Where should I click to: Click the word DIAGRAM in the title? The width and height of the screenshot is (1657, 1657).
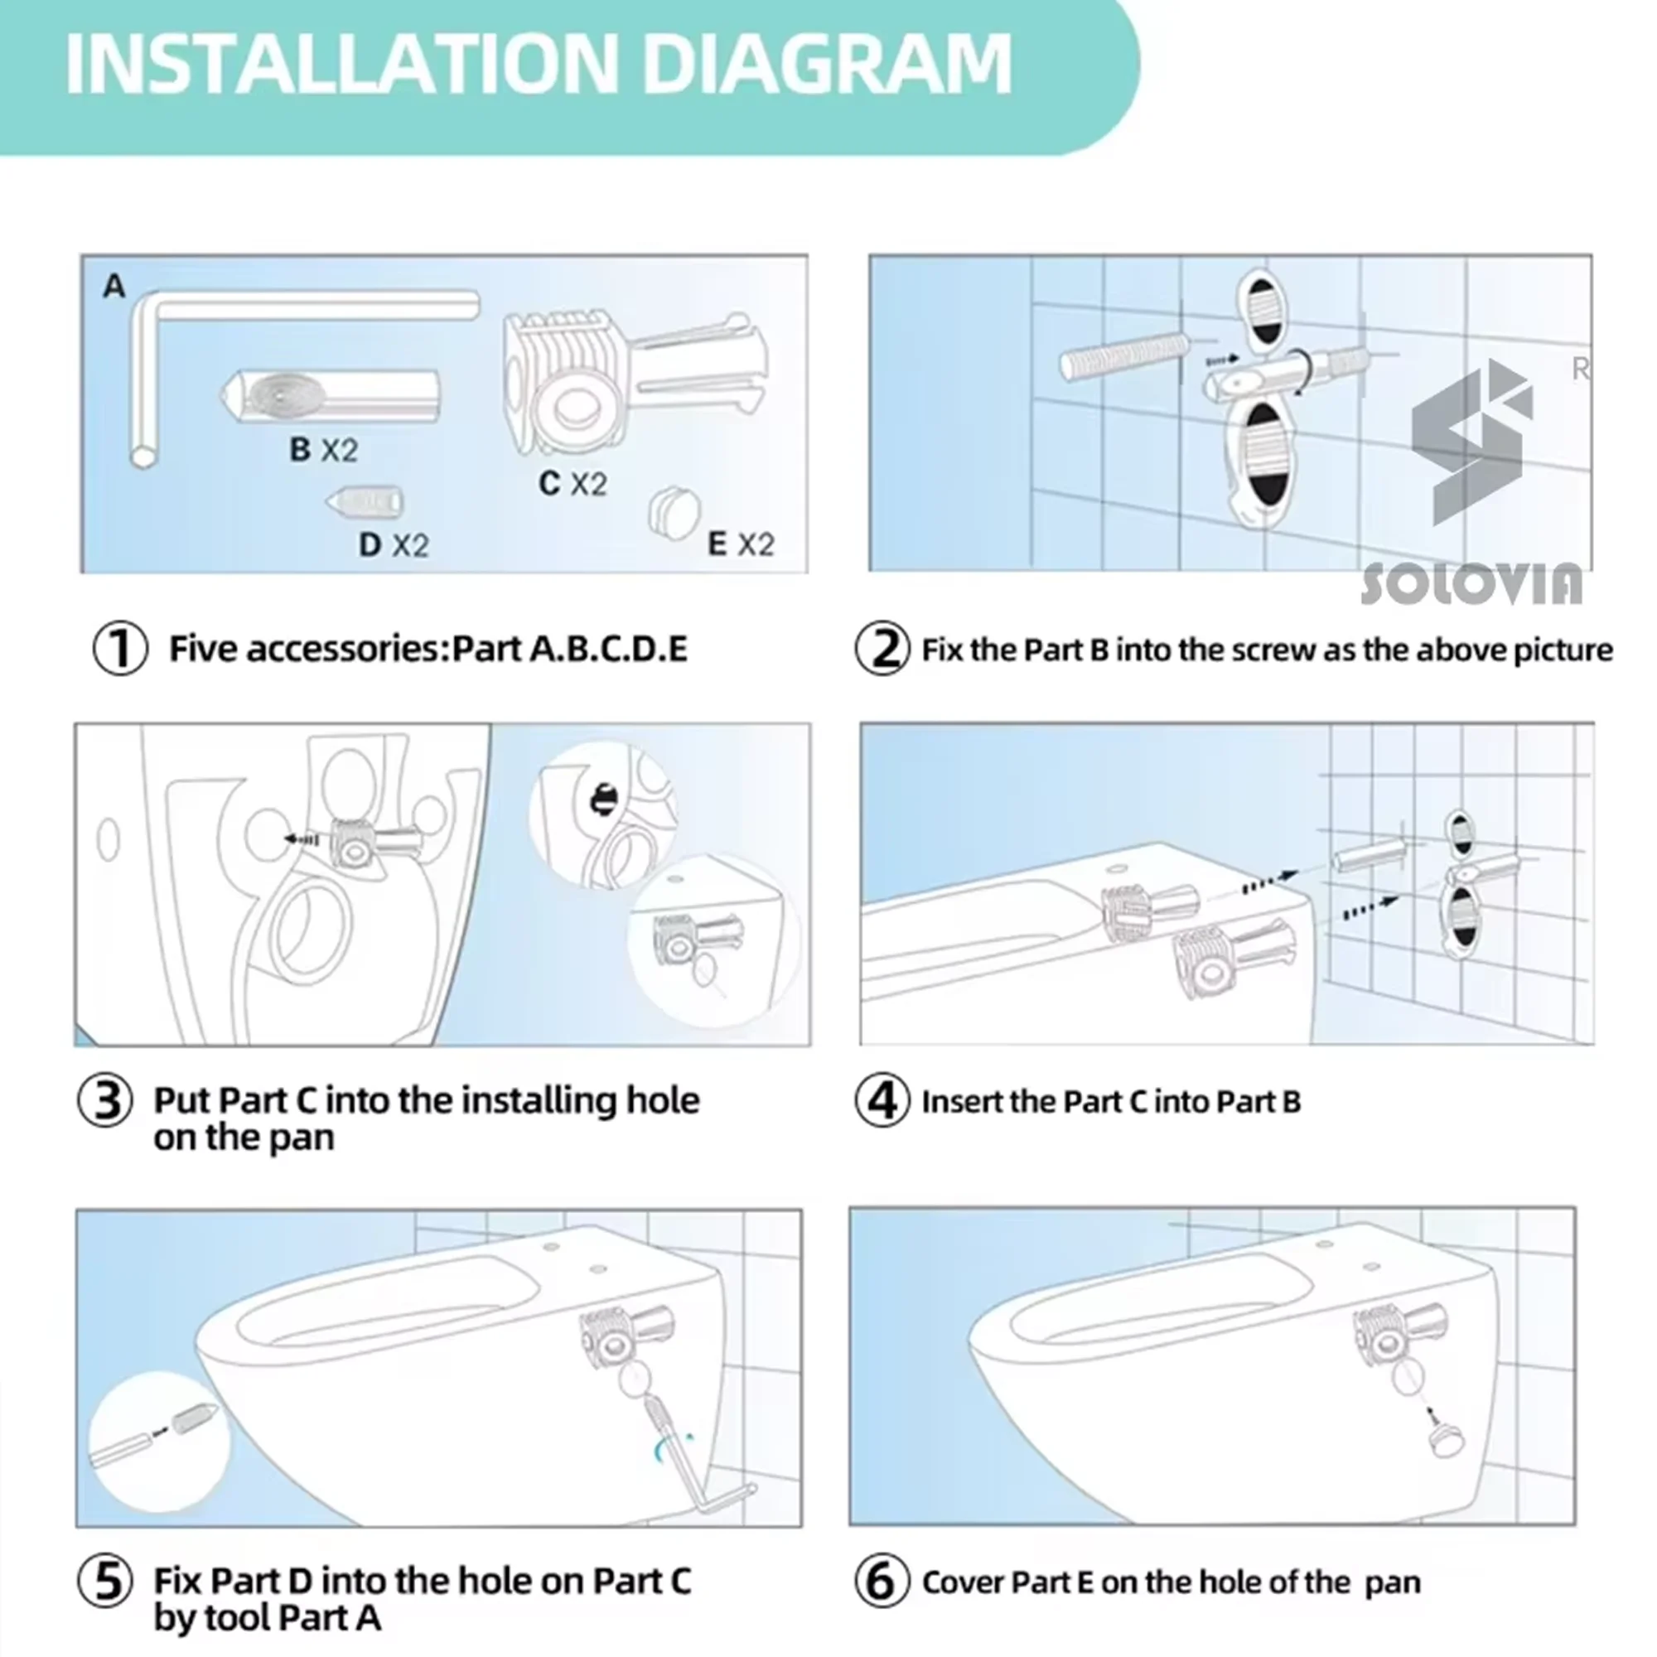[828, 65]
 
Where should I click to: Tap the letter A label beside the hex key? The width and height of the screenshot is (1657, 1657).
[114, 286]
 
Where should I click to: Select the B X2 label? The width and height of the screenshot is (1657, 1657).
[323, 449]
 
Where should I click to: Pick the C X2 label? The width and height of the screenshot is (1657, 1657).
[572, 484]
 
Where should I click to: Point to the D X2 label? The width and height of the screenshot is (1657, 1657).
[393, 544]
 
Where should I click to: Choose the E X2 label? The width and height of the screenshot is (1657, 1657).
[740, 543]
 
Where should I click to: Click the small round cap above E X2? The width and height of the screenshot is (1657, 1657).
[674, 511]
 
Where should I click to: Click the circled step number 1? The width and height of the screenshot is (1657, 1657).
[120, 649]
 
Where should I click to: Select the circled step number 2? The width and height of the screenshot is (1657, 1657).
[882, 650]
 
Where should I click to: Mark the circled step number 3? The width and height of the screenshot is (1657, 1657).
[105, 1100]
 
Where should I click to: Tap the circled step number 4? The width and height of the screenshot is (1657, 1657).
[882, 1101]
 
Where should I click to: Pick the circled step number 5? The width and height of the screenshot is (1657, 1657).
[105, 1581]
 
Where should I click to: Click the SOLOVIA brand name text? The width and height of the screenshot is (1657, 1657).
[1470, 583]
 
